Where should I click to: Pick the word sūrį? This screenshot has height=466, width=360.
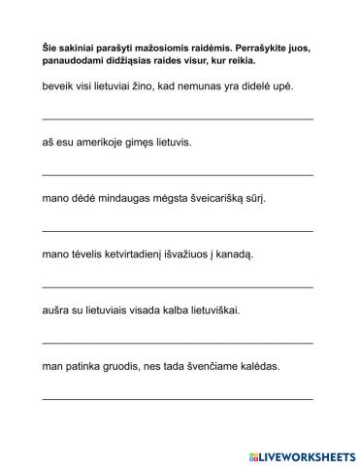254,198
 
